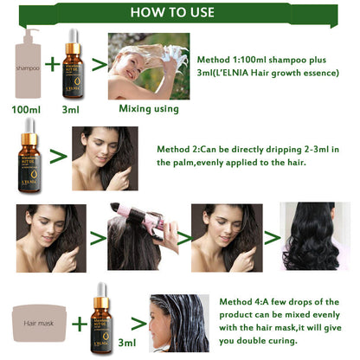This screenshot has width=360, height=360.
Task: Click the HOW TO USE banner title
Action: click(179, 13)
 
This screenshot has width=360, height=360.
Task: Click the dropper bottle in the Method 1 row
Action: click(76, 64)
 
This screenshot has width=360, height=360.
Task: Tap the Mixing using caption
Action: click(148, 109)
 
